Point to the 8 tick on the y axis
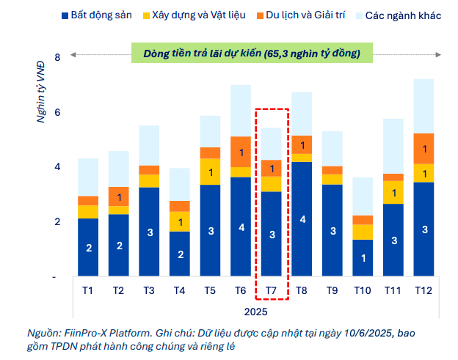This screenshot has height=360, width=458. point(57,56)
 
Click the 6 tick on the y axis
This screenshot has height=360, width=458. point(57,112)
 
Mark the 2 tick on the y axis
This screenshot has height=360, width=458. point(57,222)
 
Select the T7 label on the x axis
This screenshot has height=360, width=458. point(272,290)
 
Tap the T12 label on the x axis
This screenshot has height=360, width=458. point(424,290)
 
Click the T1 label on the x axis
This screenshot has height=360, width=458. point(88,290)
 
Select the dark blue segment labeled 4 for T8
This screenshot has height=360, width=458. point(302,219)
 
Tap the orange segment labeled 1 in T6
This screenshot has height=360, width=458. point(241,152)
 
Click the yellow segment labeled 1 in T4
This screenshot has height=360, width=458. point(180,221)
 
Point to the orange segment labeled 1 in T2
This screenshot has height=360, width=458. point(119,196)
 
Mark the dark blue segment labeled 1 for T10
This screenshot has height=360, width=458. point(363,258)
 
